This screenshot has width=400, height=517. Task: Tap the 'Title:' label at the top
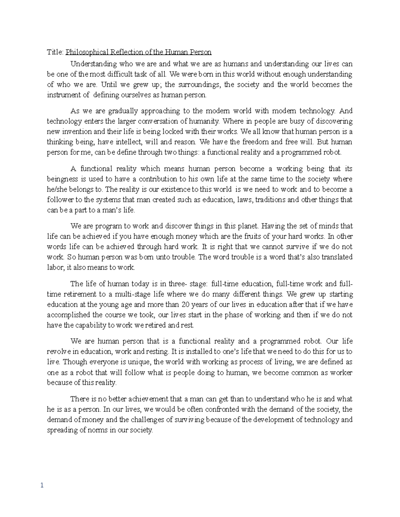point(55,52)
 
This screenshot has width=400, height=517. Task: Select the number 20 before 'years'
point(183,305)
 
